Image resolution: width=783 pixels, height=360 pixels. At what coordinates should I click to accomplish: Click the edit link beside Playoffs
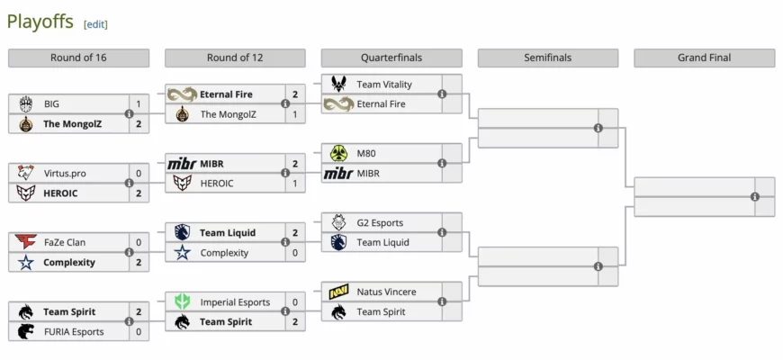pos(95,24)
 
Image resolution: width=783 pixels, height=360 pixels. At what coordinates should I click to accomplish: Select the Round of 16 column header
pos(78,58)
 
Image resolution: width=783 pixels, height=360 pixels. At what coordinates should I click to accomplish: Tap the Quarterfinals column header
pos(391,58)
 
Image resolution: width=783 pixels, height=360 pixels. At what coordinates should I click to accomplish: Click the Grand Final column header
pos(704,58)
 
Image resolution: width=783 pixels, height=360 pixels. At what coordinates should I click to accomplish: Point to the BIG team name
pos(51,104)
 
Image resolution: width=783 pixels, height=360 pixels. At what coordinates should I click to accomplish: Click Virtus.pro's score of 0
pos(139,174)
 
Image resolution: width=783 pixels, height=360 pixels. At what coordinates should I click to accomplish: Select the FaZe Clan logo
pos(25,242)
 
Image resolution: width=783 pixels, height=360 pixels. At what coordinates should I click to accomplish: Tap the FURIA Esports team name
pos(74,332)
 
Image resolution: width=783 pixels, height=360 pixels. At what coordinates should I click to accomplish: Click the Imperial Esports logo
pos(183,302)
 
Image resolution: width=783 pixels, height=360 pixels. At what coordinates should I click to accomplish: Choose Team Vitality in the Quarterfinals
pos(384,85)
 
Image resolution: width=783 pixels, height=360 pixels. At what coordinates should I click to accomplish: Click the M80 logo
pos(338,153)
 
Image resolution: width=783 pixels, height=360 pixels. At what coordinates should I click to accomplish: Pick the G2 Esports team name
pos(380,223)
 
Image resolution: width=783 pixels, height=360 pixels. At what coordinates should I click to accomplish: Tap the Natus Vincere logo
pos(338,292)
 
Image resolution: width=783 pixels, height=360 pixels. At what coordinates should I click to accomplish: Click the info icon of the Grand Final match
pos(754,197)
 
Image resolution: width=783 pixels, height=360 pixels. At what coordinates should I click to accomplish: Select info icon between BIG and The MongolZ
pos(129,113)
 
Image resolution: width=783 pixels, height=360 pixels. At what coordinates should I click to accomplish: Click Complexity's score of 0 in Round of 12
pos(295,253)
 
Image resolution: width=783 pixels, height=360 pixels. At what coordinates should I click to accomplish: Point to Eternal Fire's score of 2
pos(295,94)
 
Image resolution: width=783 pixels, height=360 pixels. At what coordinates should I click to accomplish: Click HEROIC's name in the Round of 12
pos(217,184)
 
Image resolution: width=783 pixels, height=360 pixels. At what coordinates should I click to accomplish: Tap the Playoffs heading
pos(40,22)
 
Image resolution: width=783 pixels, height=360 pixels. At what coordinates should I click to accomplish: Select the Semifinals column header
pos(548,58)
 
